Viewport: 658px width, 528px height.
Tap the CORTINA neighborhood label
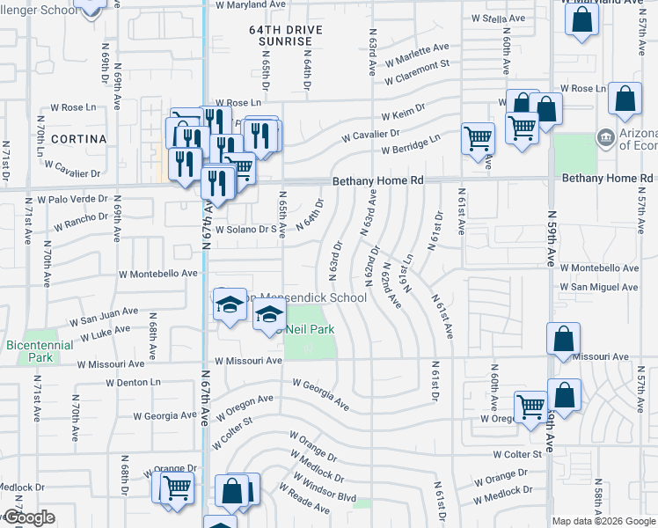tap(78, 139)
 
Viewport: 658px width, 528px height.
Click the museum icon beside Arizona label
tap(605, 138)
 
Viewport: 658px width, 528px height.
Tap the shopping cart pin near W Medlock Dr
tap(178, 486)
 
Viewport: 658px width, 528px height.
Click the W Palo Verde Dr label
tap(78, 201)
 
